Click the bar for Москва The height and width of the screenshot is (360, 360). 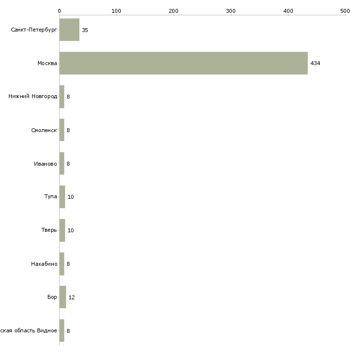(183, 63)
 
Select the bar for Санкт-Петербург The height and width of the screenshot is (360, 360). (70, 30)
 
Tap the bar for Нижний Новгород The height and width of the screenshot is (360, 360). (62, 97)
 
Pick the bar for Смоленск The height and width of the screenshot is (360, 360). (62, 130)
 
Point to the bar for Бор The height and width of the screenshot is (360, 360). (63, 297)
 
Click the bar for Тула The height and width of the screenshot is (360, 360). (62, 197)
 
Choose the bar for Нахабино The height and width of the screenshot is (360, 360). (62, 264)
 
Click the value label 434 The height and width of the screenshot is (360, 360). (315, 63)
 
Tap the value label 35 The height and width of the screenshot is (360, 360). (85, 30)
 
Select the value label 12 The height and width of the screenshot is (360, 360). (72, 297)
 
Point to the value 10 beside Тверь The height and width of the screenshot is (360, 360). (71, 230)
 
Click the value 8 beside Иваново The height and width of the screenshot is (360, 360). (68, 164)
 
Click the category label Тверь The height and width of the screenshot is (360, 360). (49, 230)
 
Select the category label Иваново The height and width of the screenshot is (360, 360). (45, 164)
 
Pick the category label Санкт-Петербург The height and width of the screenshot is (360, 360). (34, 30)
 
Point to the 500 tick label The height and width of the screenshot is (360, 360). (345, 11)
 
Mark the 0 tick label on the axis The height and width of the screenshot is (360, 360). (60, 11)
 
